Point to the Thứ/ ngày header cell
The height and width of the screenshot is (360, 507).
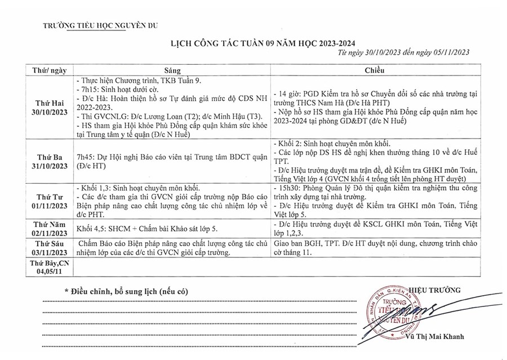click(x=50, y=71)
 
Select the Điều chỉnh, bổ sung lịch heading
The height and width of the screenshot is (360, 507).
click(x=126, y=291)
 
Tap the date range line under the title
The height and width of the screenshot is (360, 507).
click(x=404, y=52)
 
